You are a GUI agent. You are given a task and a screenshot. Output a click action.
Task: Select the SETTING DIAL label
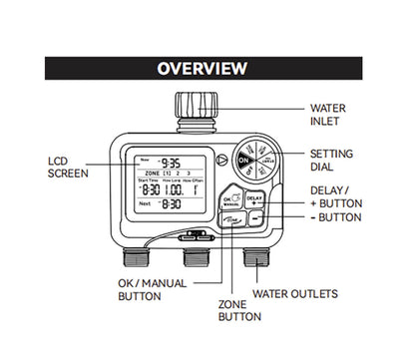[333, 163]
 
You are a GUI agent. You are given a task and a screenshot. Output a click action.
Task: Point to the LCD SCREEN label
[68, 166]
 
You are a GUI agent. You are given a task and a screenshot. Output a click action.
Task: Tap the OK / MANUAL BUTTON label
[148, 289]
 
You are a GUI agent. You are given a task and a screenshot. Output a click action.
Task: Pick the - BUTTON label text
[335, 216]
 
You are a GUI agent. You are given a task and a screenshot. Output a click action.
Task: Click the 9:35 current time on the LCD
[173, 164]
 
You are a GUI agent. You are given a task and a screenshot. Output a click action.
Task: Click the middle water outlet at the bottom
[200, 260]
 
